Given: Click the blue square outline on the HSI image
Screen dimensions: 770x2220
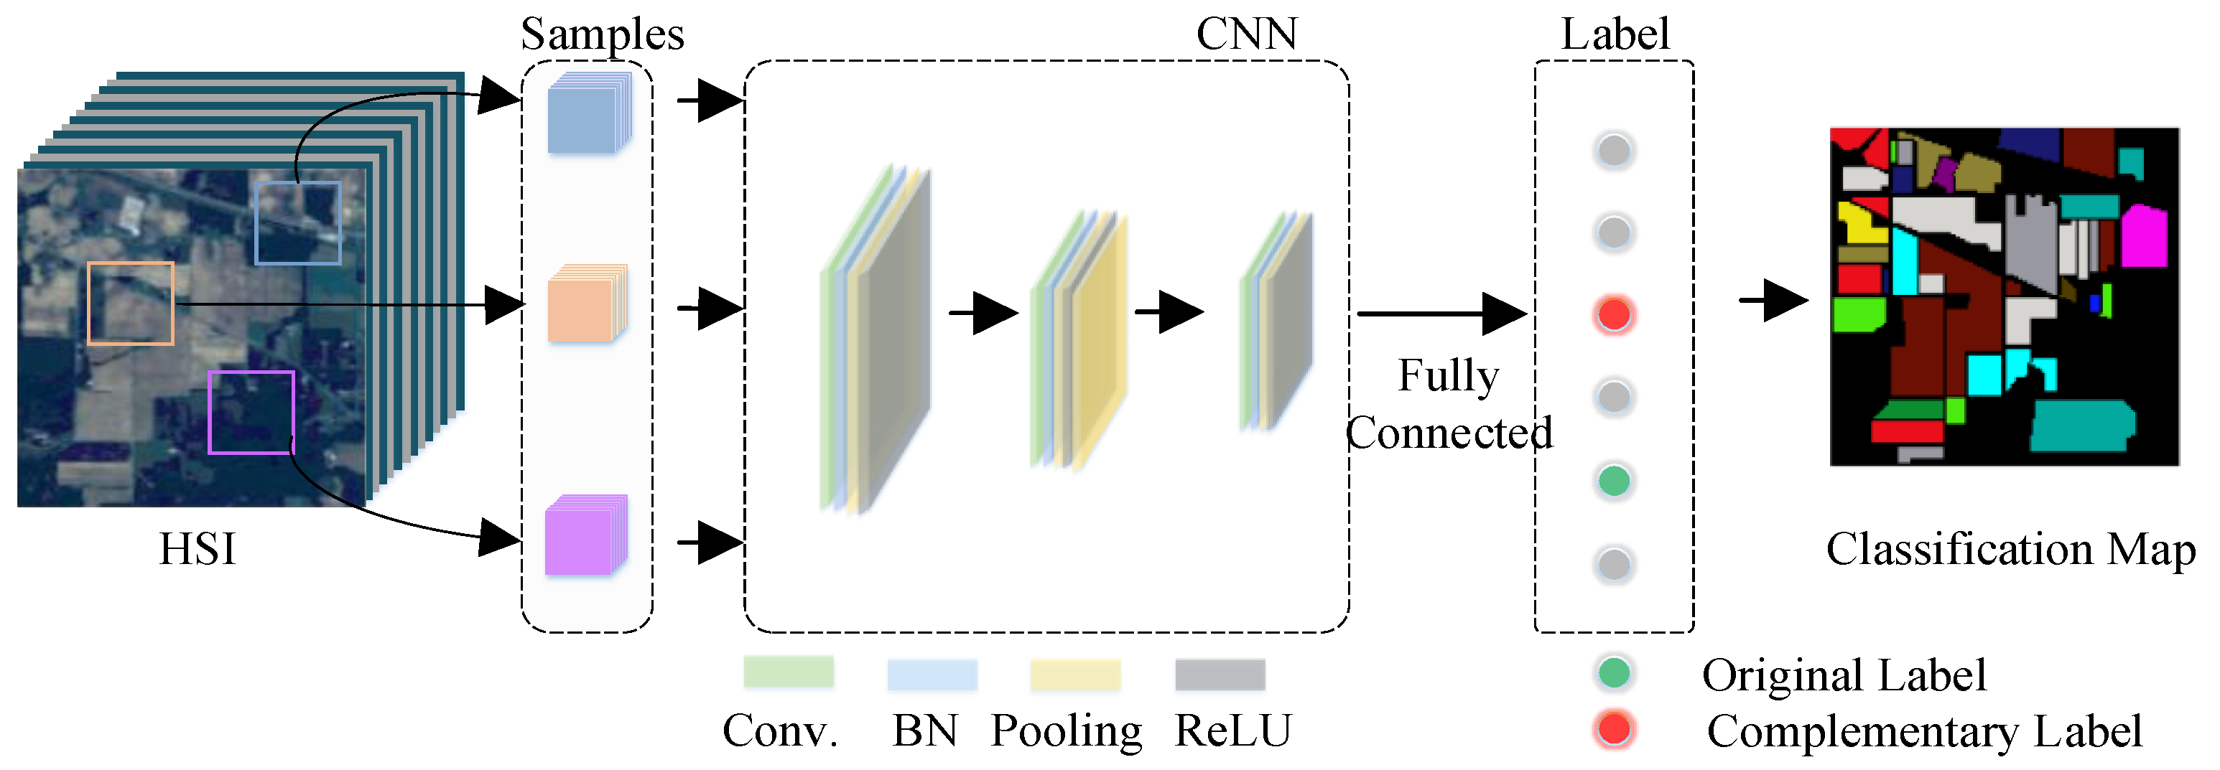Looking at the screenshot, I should click(298, 223).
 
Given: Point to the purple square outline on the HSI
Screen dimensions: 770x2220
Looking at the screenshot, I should click(251, 413).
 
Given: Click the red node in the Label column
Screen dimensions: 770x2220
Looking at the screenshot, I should click(1614, 314).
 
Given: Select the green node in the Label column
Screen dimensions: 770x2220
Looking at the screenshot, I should click(1614, 481).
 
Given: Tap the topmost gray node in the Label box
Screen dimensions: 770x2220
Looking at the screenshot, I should click(1614, 151).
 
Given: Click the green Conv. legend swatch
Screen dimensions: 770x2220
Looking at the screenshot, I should click(789, 672).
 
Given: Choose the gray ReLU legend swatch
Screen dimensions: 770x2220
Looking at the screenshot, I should click(1220, 675).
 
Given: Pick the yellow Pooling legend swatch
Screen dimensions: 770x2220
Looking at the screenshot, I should click(1076, 675).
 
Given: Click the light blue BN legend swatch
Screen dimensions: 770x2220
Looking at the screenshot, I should click(932, 675).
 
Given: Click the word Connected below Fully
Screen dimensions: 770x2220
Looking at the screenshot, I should click(1449, 433).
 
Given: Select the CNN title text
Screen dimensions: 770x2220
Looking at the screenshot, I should click(1246, 34).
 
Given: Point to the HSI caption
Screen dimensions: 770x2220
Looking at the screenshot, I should click(198, 549).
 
